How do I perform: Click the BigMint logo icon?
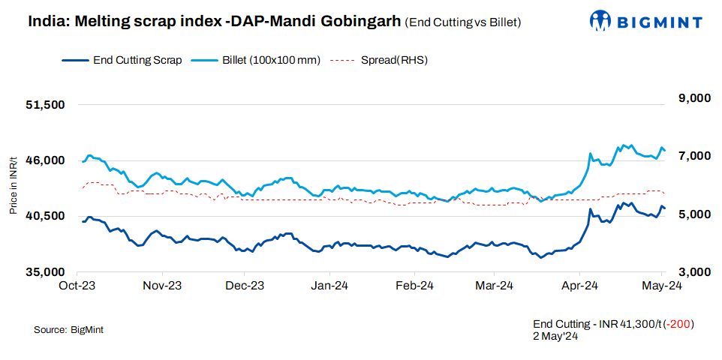(603, 20)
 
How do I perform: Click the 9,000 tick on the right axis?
(690, 98)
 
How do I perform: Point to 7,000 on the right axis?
(690, 156)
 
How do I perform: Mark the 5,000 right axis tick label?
(690, 214)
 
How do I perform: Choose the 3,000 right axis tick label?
(690, 272)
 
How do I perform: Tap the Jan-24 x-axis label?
(329, 286)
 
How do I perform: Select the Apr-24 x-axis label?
(579, 286)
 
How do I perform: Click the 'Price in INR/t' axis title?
(14, 184)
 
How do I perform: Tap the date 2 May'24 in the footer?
(555, 336)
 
